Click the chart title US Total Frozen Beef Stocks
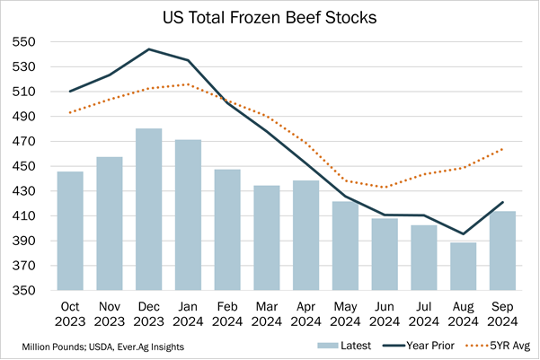coord(270,17)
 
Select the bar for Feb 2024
coord(227,230)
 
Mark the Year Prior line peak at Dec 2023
coord(148,49)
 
